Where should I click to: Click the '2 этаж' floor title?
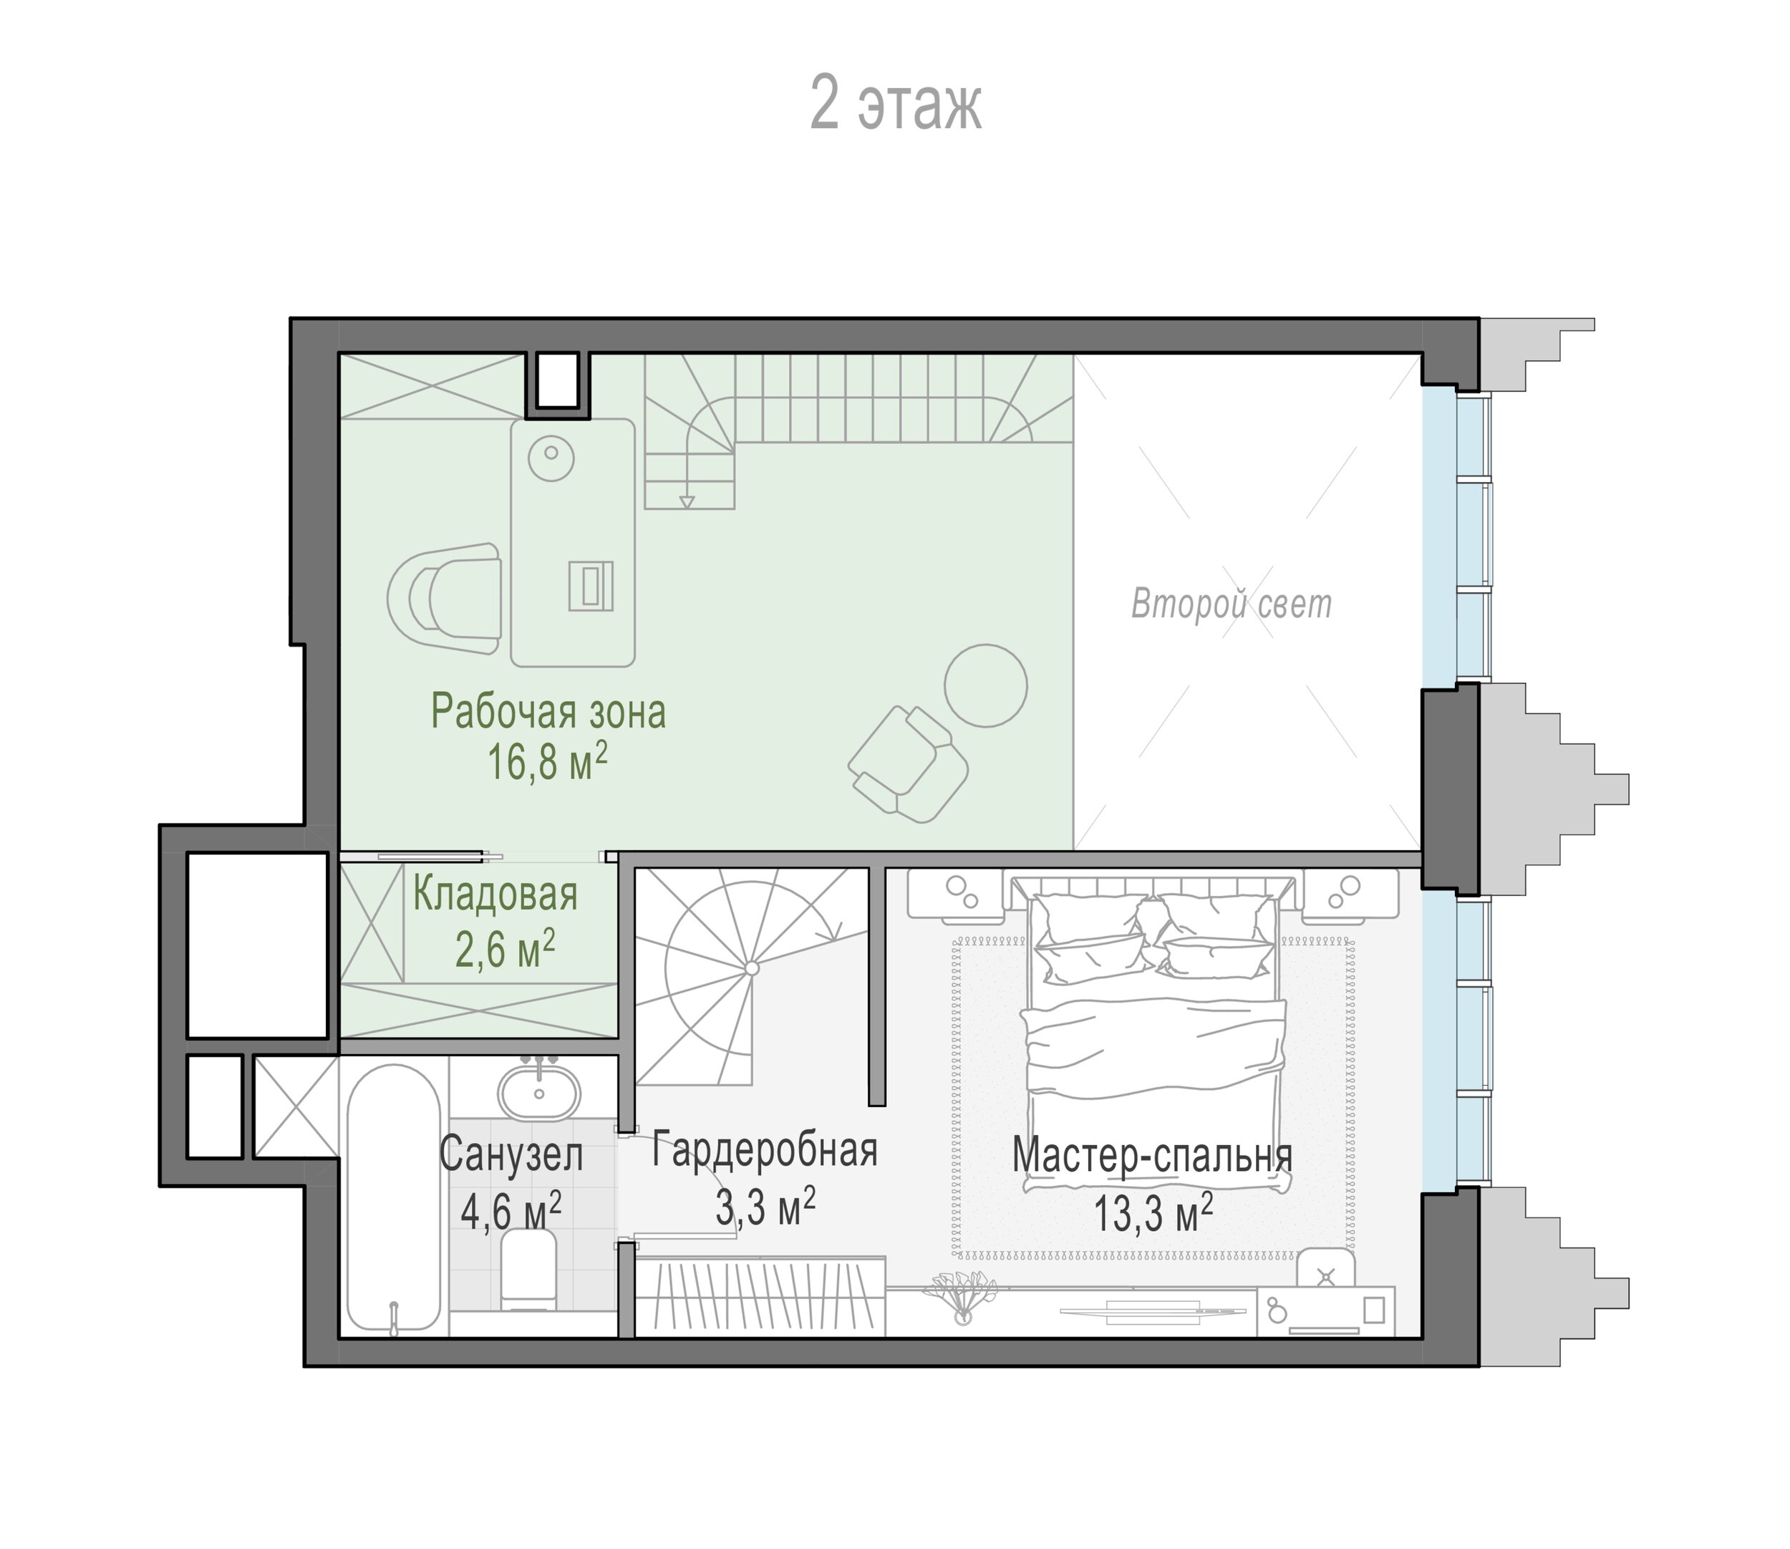point(896,103)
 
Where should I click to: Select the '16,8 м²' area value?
point(548,761)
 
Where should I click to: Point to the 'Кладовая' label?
point(495,894)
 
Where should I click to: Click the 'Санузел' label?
point(512,1155)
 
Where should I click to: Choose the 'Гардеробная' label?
point(765,1151)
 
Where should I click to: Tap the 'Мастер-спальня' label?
point(1153,1155)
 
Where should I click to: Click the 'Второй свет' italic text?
point(1232,604)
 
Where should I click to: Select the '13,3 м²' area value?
point(1154,1212)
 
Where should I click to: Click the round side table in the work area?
point(985,685)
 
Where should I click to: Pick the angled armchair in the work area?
point(908,764)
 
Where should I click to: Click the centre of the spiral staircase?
point(752,968)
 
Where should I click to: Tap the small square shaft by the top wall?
point(558,380)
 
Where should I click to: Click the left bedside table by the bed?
point(956,893)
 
